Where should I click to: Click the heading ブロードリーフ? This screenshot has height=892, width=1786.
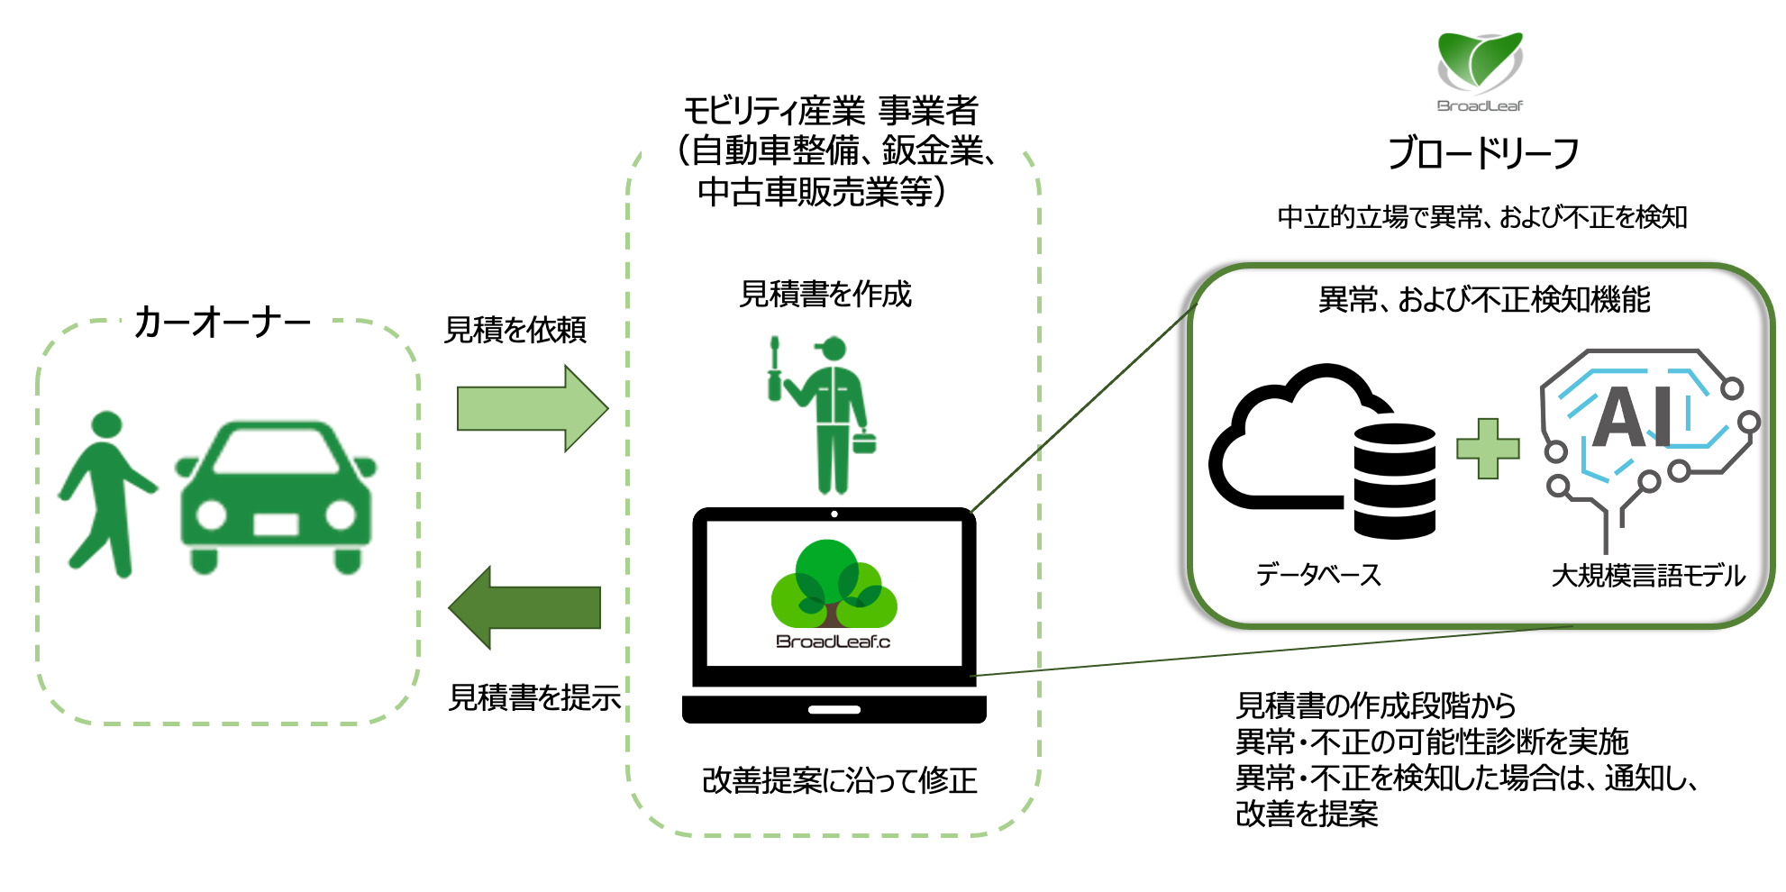1482,153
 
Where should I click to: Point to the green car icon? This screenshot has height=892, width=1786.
275,496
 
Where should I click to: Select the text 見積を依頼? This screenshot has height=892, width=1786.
515,330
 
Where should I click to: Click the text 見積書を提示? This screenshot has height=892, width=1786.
534,697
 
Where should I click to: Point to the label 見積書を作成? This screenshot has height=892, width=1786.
825,295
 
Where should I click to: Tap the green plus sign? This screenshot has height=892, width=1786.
1487,448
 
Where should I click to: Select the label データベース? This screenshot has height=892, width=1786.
1317,575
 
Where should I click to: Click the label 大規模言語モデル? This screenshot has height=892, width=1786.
1647,575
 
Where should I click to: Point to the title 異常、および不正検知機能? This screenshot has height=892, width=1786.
1483,300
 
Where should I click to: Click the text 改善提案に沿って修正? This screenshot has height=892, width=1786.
839,780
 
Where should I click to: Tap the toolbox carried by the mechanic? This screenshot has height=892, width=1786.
864,442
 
